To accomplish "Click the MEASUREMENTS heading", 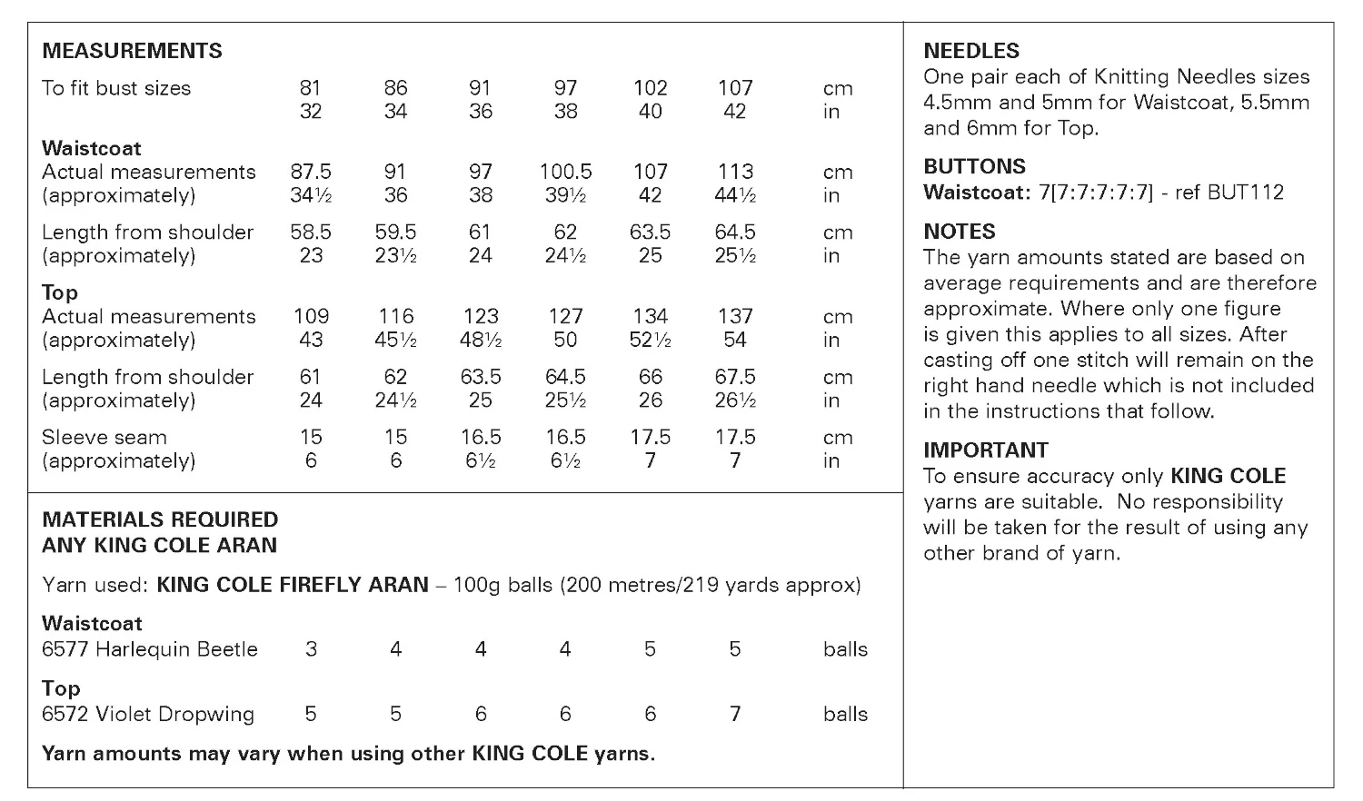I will coord(132,51).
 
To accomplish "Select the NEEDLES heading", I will coord(971,51).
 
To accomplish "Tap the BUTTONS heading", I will coord(974,166).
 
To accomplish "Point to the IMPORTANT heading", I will coord(985,450).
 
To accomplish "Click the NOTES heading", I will coord(960,232).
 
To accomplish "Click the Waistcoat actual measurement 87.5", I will coord(311,172).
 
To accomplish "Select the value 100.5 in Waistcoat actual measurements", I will coord(565,172).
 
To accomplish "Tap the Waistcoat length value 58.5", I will coord(311,232).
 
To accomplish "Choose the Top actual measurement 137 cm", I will coord(734,316).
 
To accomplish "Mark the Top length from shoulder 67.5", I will coord(734,377).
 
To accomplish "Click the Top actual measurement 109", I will coord(311,316).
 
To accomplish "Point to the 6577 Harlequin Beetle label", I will coord(150,649).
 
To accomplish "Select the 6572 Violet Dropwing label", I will coord(148,715).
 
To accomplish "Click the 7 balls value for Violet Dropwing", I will coord(734,715).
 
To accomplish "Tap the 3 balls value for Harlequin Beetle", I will coord(311,649).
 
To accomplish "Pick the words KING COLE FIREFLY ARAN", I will coord(292,585).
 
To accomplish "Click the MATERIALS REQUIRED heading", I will coord(160,520).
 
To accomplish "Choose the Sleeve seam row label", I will coord(104,437).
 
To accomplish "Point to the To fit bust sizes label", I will coord(116,88).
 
